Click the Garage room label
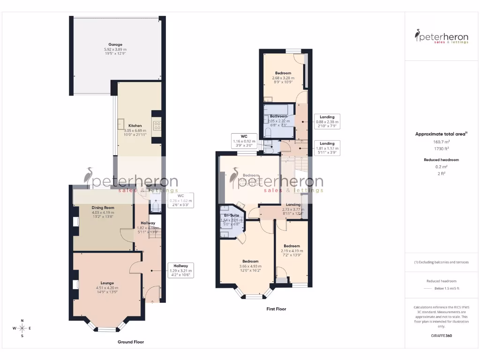click(115, 45)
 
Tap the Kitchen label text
click(135, 126)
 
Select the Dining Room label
click(103, 208)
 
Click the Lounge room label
click(105, 283)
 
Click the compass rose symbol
click(22, 328)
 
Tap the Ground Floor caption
click(130, 342)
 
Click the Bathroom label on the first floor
click(278, 116)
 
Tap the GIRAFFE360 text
click(441, 336)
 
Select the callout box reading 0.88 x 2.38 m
click(327, 121)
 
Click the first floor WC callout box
click(244, 141)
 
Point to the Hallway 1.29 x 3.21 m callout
click(180, 270)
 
